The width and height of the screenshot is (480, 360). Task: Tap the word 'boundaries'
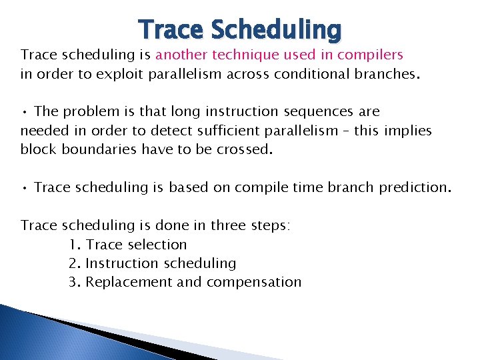click(95, 149)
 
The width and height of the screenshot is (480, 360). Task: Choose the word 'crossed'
click(243, 149)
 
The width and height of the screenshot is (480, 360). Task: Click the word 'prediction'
click(415, 187)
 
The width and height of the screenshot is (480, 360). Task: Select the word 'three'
click(229, 225)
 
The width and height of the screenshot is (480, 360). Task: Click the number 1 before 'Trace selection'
click(73, 245)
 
